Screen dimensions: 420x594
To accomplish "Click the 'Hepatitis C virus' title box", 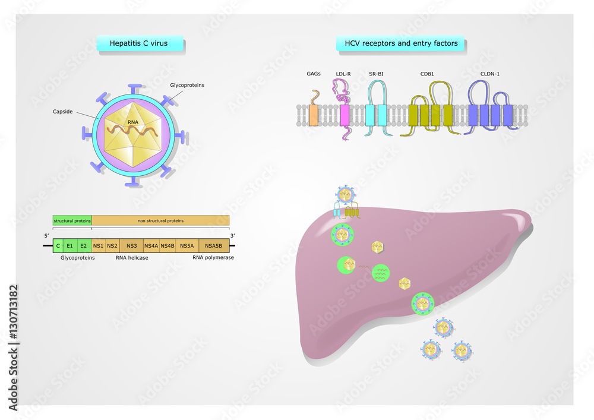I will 140,43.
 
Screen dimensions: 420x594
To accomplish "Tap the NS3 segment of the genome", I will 132,245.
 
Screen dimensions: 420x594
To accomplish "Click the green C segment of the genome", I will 58,245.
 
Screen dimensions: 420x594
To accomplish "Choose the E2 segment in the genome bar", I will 84,245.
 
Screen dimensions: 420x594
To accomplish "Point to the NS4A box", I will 151,245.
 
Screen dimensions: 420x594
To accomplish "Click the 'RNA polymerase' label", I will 213,258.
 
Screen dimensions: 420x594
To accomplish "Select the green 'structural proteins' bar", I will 72,220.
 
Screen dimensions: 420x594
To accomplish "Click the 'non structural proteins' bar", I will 160,220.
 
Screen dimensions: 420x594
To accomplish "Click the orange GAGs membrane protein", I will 314,115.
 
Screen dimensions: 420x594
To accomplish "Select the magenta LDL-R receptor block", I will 345,115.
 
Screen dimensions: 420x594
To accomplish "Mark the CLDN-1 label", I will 490,75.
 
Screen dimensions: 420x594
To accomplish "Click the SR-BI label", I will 376,75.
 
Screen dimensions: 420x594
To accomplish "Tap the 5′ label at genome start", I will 47,235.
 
